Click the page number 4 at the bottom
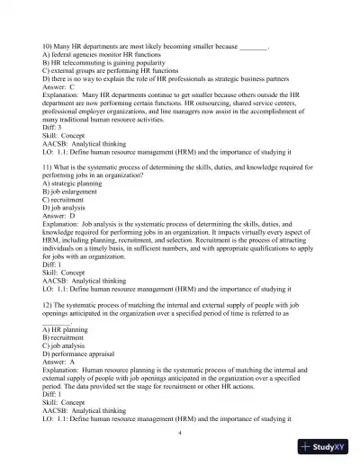(180, 432)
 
